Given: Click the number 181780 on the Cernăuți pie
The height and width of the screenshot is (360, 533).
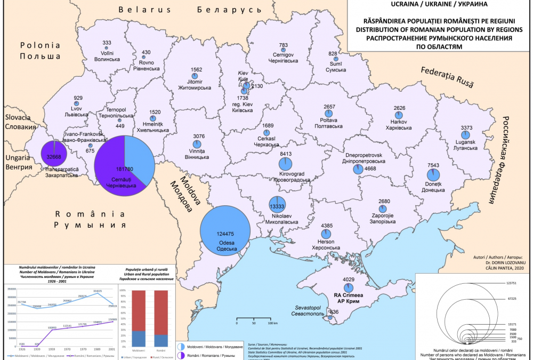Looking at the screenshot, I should tap(122, 169).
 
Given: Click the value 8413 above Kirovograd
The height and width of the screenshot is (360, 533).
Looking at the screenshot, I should tap(286, 154).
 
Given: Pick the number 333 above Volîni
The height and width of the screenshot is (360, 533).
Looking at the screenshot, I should tap(107, 43).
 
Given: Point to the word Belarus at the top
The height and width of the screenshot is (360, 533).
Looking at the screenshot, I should tap(145, 9).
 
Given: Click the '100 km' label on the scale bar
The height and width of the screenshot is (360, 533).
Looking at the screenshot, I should tap(273, 323).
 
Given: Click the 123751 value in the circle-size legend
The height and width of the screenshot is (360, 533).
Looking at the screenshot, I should tap(513, 283).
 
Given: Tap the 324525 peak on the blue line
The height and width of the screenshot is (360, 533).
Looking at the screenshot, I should tap(98, 291).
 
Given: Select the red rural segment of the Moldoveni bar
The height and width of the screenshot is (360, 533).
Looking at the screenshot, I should tap(139, 310).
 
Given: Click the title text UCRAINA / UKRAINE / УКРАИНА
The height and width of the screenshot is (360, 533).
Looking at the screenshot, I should tap(439, 5).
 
